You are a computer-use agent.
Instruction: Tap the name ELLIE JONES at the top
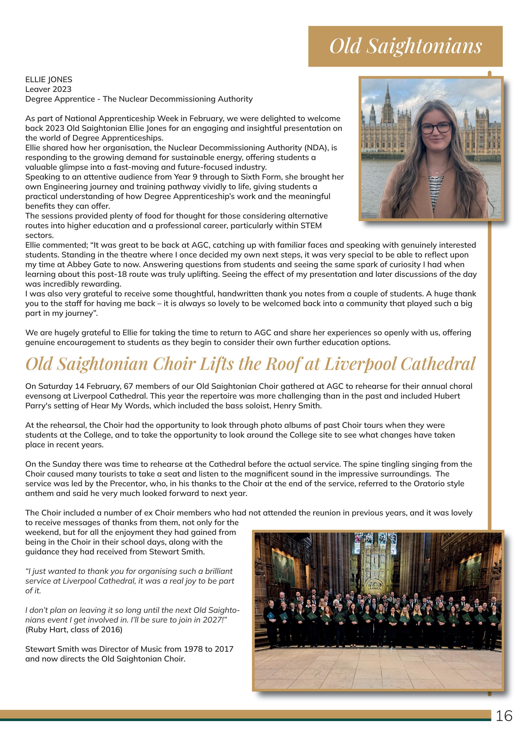coord(49,79)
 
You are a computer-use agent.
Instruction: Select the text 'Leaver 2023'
coord(48,89)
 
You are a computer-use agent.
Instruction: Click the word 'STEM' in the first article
coord(311,226)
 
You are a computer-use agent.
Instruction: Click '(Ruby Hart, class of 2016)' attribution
coord(74,630)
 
